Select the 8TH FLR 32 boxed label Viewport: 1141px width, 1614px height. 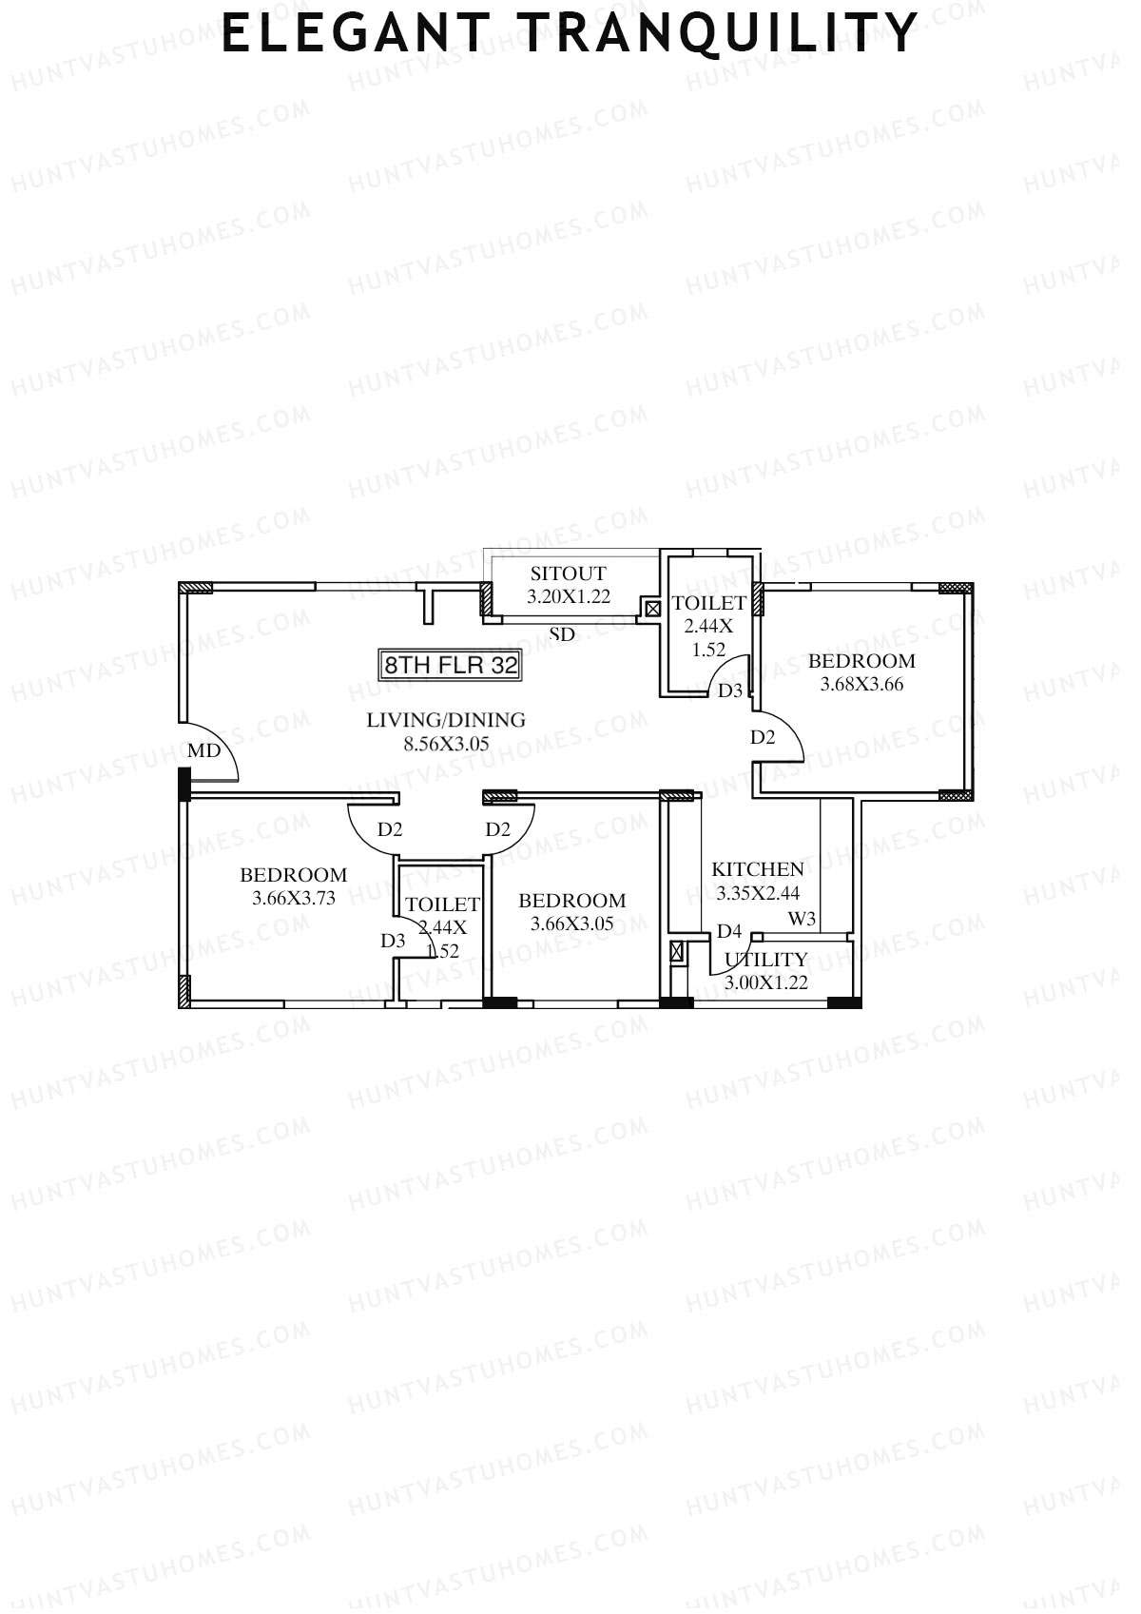tap(450, 665)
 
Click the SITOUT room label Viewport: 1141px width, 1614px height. tap(568, 574)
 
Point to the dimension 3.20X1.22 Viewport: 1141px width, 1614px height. tap(569, 596)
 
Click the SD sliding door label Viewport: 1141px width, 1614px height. tap(562, 634)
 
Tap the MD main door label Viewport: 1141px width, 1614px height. tap(203, 750)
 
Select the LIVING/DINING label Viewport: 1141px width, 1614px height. tap(446, 720)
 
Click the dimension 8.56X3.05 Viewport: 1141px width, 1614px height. tap(446, 744)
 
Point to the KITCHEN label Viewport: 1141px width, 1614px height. tap(758, 869)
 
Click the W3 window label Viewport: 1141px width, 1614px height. tap(802, 919)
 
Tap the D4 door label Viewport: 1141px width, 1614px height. tap(729, 931)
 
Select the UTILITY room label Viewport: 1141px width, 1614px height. tap(765, 960)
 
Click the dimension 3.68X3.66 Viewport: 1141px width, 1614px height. tap(861, 684)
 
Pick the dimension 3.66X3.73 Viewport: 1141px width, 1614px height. tap(294, 898)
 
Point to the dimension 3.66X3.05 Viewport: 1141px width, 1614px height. tap(571, 924)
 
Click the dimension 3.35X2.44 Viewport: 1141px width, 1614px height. tap(758, 893)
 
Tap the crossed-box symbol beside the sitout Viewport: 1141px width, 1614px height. tap(652, 609)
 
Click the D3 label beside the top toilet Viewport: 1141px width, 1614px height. tap(729, 690)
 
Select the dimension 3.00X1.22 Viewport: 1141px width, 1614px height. tap(765, 983)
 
